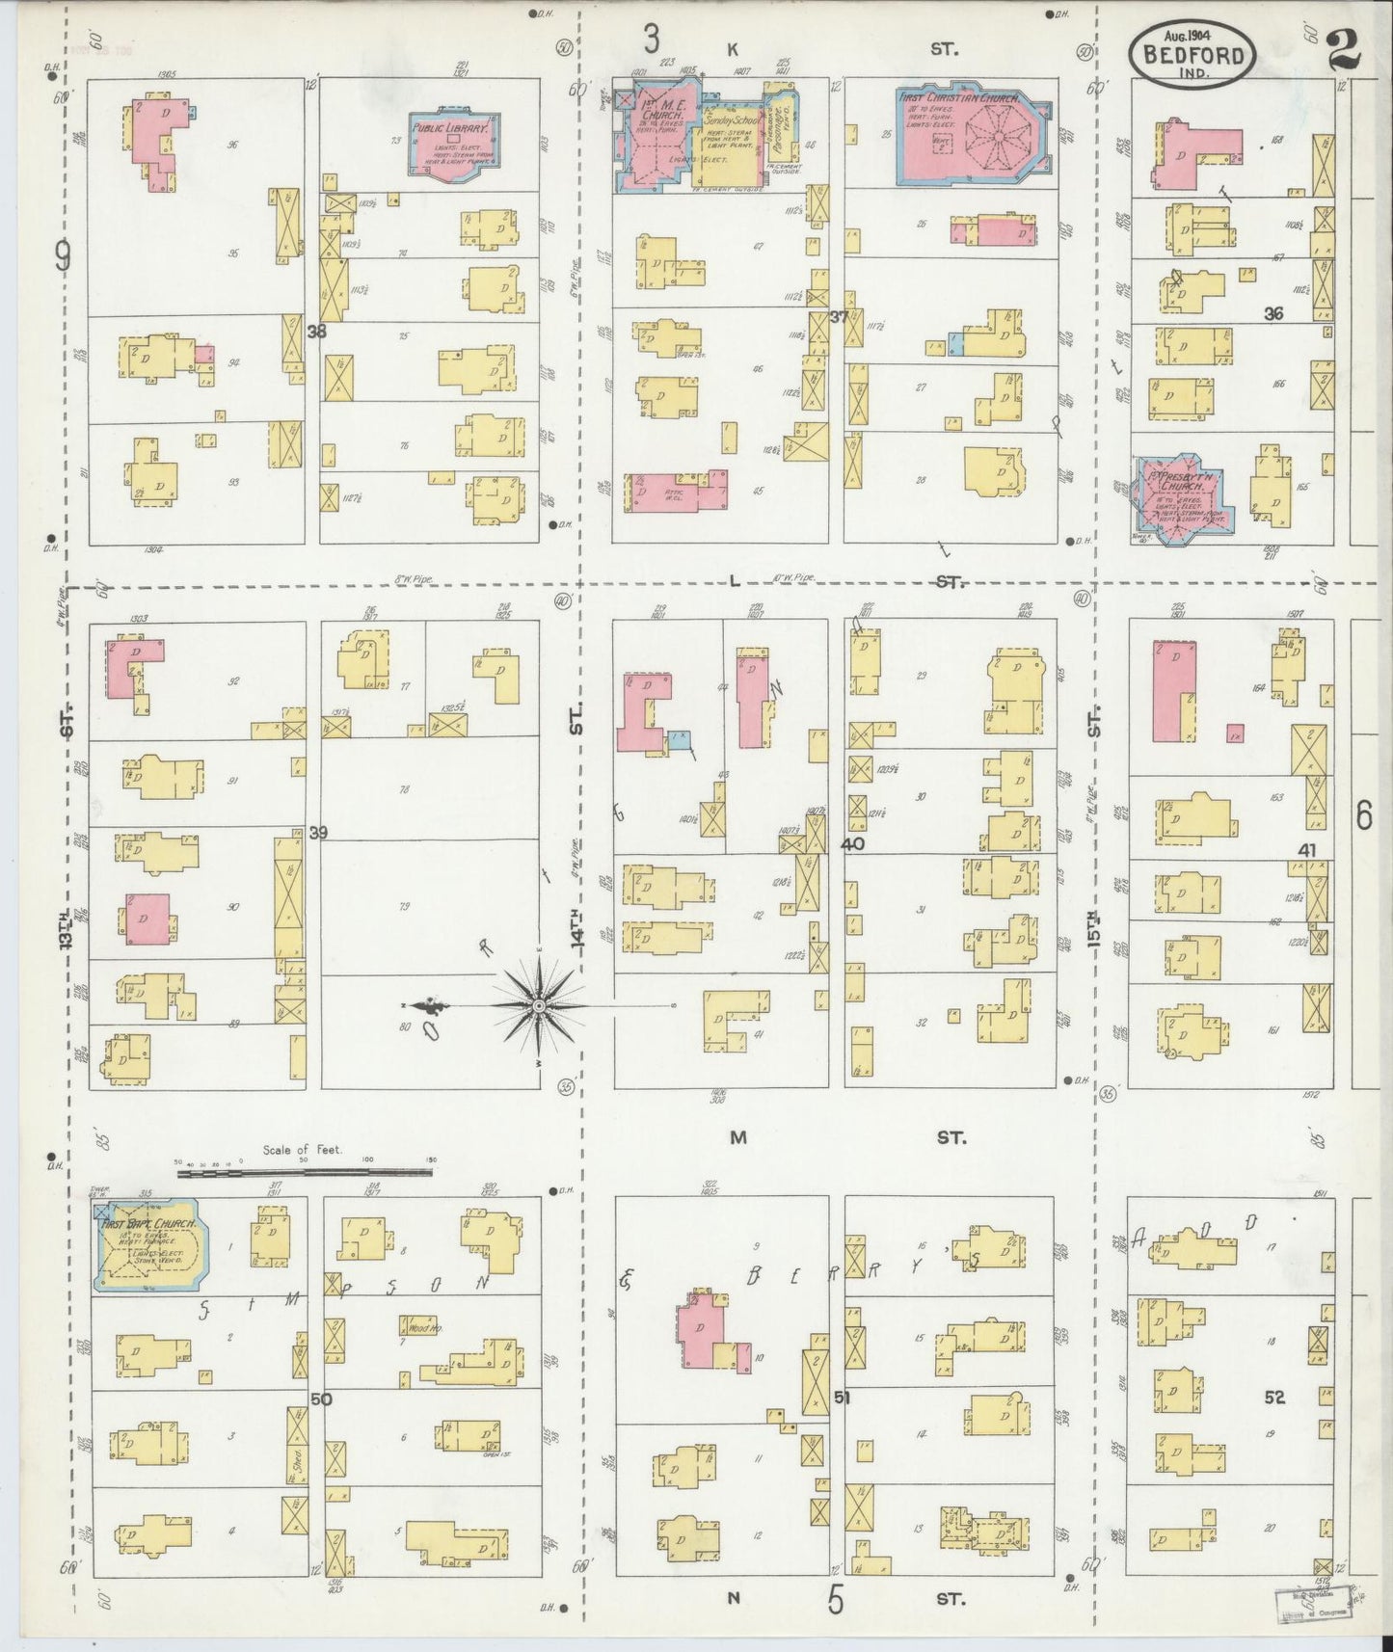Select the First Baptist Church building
[147, 1243]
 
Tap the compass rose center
[538, 1006]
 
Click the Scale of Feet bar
[305, 1171]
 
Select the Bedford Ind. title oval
[1192, 55]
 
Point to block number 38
[316, 331]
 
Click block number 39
[318, 832]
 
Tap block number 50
[321, 1399]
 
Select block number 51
[841, 1398]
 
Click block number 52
[1274, 1397]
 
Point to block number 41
[1306, 850]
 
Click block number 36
[1273, 313]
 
